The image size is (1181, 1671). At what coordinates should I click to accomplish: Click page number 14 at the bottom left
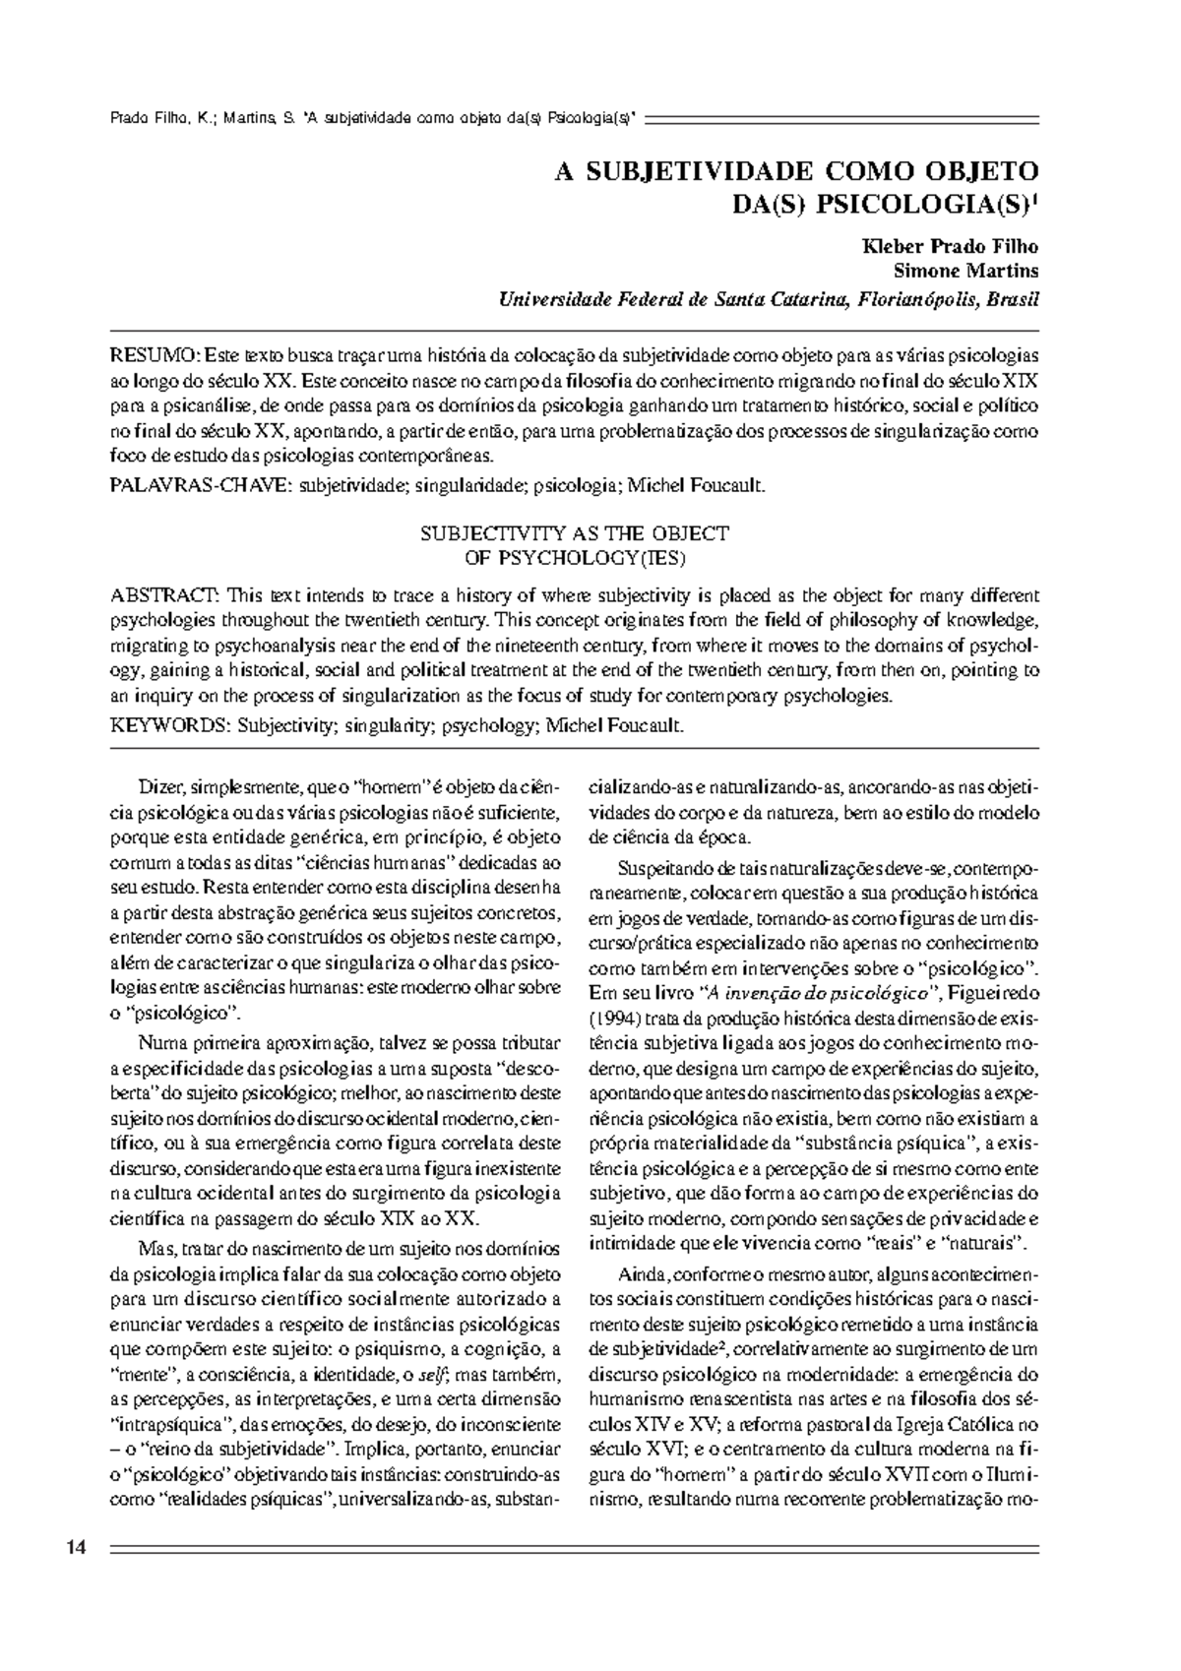click(77, 1548)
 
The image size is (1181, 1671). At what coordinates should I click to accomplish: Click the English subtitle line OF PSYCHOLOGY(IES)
click(574, 558)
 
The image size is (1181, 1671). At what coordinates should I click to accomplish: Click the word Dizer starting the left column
click(161, 788)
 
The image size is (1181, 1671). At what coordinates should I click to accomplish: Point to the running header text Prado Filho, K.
click(157, 119)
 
